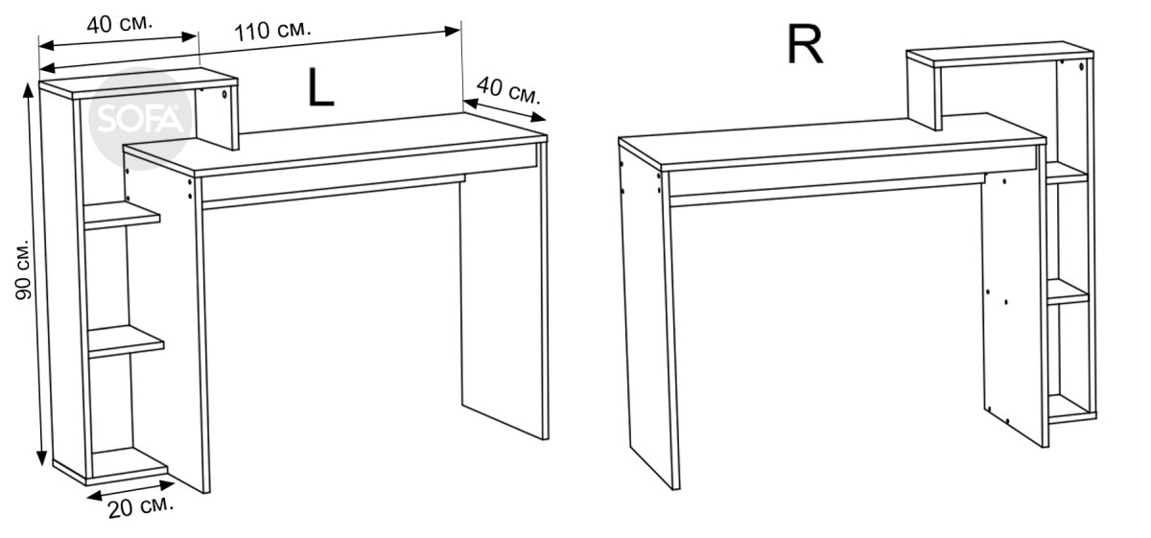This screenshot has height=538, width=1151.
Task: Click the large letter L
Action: point(320,87)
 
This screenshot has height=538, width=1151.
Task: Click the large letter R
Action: point(805,45)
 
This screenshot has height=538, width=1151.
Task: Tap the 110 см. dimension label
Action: point(272,30)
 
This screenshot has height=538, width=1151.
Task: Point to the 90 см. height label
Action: point(24,269)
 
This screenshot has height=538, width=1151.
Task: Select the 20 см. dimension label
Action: point(141,507)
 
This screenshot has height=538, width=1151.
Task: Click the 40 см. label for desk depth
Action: point(508,91)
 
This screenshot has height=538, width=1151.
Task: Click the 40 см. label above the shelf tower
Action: point(120,23)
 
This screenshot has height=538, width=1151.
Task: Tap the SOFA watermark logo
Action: point(140,119)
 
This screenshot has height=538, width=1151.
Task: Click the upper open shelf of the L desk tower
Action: point(122,215)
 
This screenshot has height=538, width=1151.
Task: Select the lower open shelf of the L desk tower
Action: point(126,341)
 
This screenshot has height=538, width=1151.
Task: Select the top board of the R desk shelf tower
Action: point(999,54)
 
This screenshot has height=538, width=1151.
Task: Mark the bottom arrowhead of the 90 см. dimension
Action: point(41,457)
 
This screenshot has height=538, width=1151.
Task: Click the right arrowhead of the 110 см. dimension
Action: point(453,31)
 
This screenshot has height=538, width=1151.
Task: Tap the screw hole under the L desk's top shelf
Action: point(224,94)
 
